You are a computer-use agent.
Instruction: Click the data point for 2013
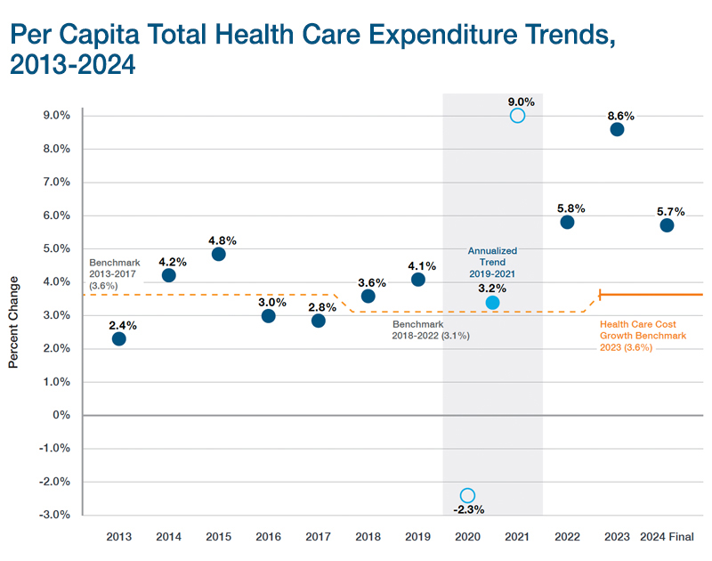pyautogui.click(x=118, y=338)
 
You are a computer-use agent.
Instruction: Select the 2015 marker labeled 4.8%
pyautogui.click(x=218, y=254)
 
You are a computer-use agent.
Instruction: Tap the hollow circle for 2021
pyautogui.click(x=517, y=116)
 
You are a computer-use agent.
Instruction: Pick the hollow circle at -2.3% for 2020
pyautogui.click(x=467, y=495)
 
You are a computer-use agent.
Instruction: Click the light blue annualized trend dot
pyautogui.click(x=492, y=303)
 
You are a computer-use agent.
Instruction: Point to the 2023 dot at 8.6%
pyautogui.click(x=617, y=129)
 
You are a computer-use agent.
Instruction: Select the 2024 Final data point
pyautogui.click(x=667, y=225)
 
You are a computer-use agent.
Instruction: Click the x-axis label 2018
pyautogui.click(x=368, y=537)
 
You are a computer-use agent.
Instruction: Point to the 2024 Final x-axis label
pyautogui.click(x=667, y=537)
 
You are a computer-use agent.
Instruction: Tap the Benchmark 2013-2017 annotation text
pyautogui.click(x=117, y=269)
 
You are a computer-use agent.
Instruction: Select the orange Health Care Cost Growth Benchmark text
pyautogui.click(x=643, y=337)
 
